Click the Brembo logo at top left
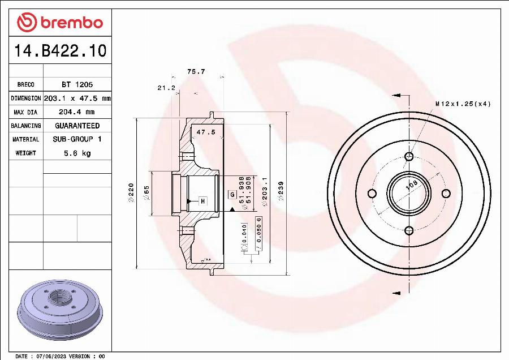60,22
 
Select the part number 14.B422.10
60,51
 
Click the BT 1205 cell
77,84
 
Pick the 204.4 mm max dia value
77,112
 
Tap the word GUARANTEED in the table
77,126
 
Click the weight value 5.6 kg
77,153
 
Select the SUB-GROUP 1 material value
77,139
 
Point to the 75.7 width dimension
196,72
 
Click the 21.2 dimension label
166,88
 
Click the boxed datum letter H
202,201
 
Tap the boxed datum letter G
232,195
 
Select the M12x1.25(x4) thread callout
463,104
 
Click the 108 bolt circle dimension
412,184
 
